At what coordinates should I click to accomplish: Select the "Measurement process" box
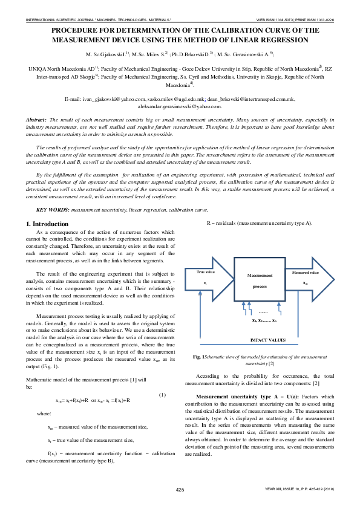tap(260, 280)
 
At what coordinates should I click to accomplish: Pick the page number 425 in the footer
tap(180, 489)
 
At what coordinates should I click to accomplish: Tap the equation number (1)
tap(162, 395)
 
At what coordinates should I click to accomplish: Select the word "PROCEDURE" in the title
tap(77, 29)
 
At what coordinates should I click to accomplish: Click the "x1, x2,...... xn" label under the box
tap(264, 320)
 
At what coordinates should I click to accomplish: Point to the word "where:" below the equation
tap(44, 413)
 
